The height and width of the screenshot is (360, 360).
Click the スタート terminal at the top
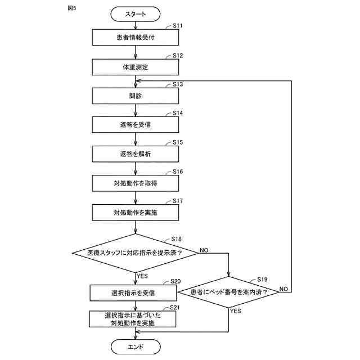point(136,14)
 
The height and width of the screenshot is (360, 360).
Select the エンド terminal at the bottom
point(136,346)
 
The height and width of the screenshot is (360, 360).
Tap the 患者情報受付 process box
point(136,37)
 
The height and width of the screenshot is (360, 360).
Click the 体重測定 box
point(136,67)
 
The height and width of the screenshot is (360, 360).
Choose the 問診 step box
point(136,96)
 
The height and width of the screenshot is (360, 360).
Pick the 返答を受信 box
point(136,125)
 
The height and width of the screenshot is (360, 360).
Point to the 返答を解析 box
point(136,154)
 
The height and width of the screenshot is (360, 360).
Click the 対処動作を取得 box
point(136,183)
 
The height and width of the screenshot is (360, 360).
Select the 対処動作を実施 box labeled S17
point(136,213)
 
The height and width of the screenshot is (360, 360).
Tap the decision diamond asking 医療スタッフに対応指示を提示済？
point(135,253)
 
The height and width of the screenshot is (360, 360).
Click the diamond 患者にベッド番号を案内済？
point(229,292)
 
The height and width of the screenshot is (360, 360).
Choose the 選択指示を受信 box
point(133,293)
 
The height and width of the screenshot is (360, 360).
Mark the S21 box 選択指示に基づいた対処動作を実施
point(133,319)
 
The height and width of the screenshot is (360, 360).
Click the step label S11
point(178,25)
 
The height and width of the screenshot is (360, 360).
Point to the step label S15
point(178,142)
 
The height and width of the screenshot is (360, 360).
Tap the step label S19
point(262,280)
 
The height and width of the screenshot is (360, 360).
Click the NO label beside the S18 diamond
point(204,250)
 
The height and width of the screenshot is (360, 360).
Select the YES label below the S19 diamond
point(236,311)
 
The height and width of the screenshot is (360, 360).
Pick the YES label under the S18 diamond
point(142,276)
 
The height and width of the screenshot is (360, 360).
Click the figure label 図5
point(72,8)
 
